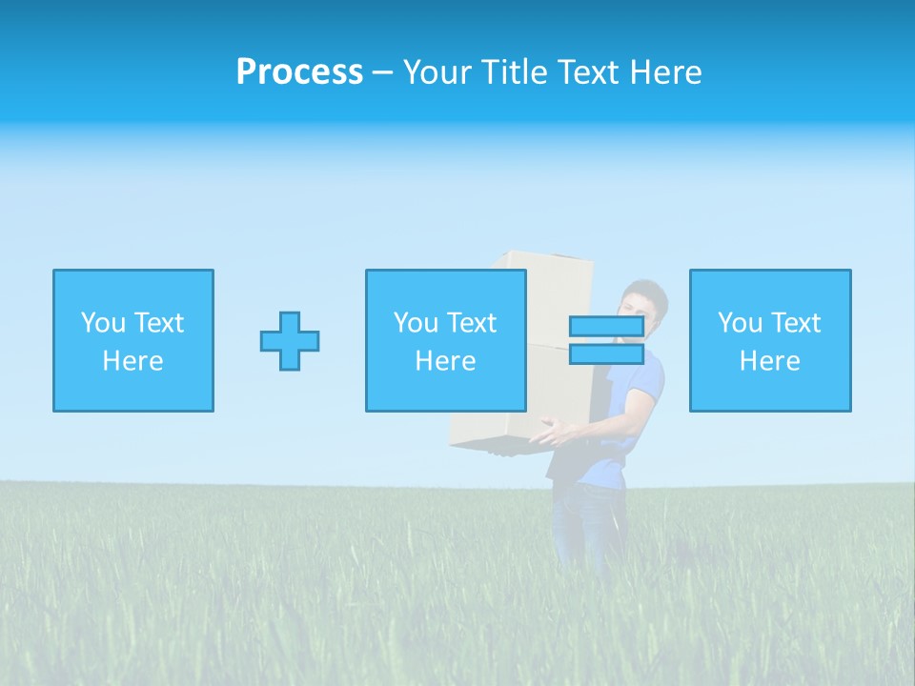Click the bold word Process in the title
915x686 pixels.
tap(299, 72)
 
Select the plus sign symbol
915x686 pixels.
tap(290, 341)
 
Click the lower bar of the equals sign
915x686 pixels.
tap(606, 354)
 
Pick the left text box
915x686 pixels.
tap(133, 341)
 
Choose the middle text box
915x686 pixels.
tap(445, 341)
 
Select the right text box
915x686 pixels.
tap(770, 341)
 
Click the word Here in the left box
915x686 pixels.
tap(132, 361)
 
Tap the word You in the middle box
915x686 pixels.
tap(416, 323)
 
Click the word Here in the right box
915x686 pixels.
tap(770, 361)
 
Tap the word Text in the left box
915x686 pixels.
tap(158, 323)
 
